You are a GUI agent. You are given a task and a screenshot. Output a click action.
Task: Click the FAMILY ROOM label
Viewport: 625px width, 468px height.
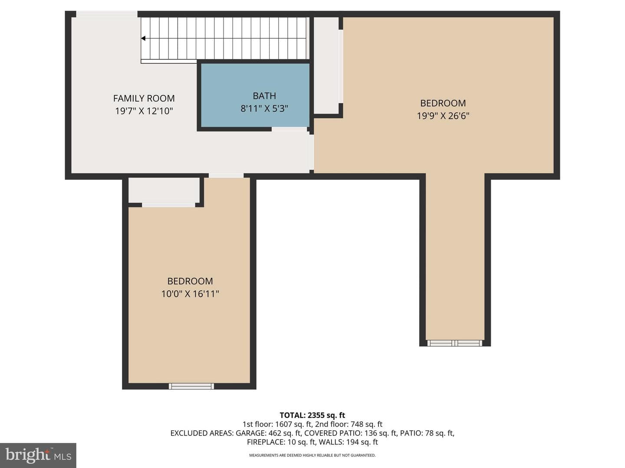point(144,98)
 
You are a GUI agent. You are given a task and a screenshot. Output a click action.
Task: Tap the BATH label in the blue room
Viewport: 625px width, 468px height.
point(264,96)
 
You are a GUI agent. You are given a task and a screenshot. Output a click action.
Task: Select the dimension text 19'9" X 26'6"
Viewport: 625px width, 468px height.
point(443,116)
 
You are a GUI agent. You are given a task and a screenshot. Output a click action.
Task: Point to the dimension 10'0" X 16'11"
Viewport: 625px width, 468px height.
point(190,293)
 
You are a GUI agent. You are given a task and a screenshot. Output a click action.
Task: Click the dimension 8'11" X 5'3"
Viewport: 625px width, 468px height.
point(264,108)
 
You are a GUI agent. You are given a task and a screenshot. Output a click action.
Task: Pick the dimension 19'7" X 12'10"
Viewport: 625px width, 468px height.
point(144,111)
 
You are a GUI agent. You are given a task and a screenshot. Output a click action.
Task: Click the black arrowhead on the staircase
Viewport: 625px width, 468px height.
point(143,38)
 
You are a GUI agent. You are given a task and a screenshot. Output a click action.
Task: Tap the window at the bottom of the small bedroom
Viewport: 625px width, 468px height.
point(191,386)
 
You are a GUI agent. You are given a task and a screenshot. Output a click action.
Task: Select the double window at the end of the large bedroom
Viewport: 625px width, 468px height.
point(455,343)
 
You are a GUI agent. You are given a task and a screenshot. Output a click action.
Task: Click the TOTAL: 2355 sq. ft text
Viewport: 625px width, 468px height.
point(312,415)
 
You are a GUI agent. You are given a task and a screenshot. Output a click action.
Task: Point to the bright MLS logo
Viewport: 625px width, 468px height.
point(38,455)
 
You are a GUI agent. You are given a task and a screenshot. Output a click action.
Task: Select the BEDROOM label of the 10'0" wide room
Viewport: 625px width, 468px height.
point(190,281)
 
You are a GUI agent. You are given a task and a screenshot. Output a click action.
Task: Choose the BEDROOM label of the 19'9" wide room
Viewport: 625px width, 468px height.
point(443,103)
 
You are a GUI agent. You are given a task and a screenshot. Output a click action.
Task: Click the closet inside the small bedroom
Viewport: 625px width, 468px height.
point(164,190)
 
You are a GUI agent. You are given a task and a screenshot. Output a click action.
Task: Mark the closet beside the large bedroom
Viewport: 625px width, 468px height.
point(326,65)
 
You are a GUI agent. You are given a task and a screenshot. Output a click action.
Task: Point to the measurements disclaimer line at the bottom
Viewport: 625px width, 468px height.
point(312,455)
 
